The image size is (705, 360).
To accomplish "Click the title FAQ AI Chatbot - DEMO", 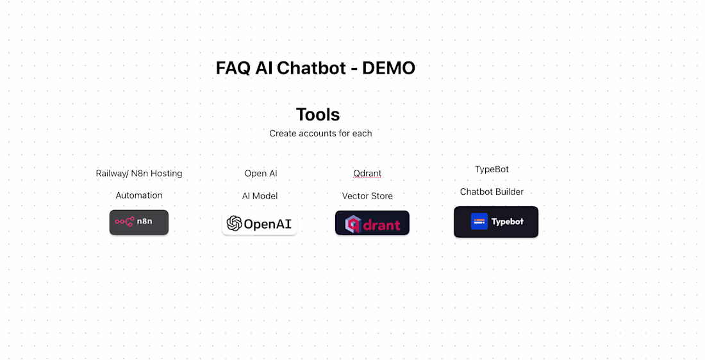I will tap(315, 68).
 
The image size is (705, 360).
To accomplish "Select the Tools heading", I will tap(318, 115).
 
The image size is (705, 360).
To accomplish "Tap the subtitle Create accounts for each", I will tap(320, 133).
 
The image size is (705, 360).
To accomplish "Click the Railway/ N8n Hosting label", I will tap(139, 174).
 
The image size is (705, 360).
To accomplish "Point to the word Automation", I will tap(139, 195).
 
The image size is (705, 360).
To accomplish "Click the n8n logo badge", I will tap(139, 222).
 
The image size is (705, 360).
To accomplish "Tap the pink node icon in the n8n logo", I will tap(124, 222).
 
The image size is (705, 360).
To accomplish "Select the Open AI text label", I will tap(261, 174).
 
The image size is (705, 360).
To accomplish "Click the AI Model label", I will tap(260, 196).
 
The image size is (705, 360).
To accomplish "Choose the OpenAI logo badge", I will tap(260, 224).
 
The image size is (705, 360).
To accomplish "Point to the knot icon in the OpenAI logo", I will tap(235, 224).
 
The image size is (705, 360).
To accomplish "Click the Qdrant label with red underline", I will tap(367, 174).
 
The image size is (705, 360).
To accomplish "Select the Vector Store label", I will tap(367, 196).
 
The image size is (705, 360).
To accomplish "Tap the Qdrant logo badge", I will tap(372, 224).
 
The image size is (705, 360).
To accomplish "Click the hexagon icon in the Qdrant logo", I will tap(352, 224).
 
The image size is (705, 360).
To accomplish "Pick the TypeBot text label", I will tap(492, 169).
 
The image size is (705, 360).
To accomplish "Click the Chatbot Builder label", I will tap(492, 192).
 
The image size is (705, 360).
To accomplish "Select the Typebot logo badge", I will tap(496, 222).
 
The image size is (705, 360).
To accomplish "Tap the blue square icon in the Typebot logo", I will tap(479, 222).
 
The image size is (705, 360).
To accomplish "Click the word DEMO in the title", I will tap(388, 68).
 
